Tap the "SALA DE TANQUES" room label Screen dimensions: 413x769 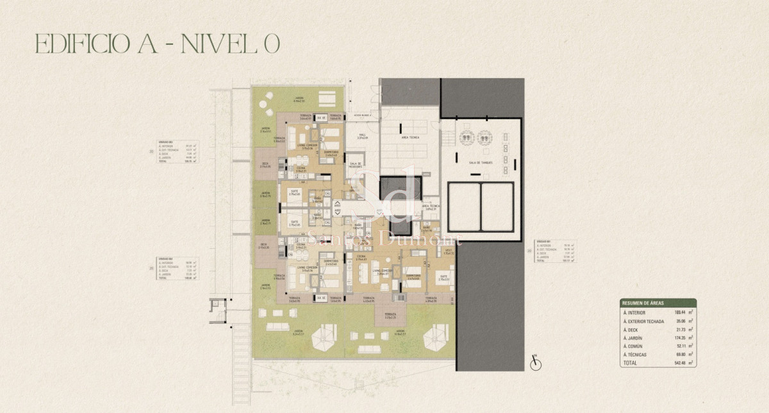coord(480,163)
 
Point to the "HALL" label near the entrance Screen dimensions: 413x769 coord(361,136)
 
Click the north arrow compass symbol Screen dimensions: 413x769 coord(536,364)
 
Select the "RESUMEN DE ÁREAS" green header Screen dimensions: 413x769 coord(657,302)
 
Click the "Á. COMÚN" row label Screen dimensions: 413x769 coord(634,346)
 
